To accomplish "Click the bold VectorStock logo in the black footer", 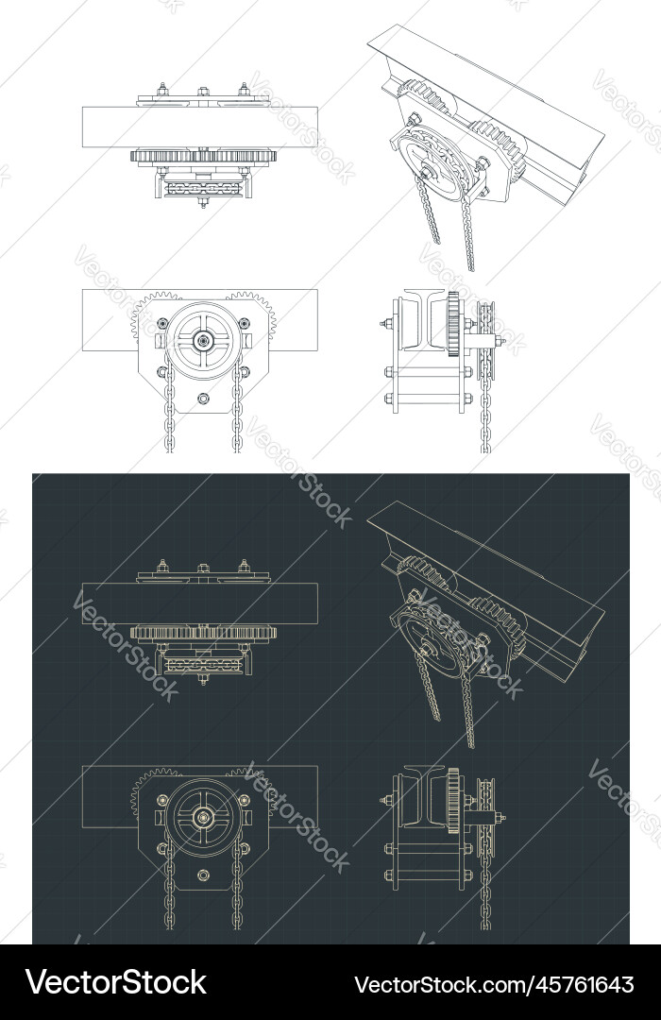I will pyautogui.click(x=116, y=983).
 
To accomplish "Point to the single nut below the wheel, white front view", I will pyautogui.click(x=202, y=398).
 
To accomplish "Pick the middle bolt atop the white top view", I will pyautogui.click(x=202, y=93).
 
